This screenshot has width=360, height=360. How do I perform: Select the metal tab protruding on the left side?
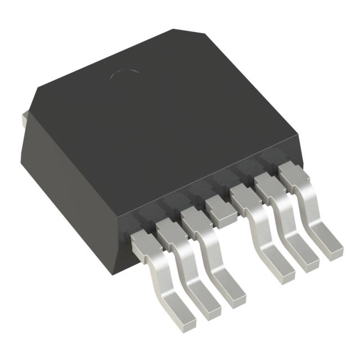coord(24,119)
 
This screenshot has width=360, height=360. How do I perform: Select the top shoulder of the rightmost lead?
coord(292,176)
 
